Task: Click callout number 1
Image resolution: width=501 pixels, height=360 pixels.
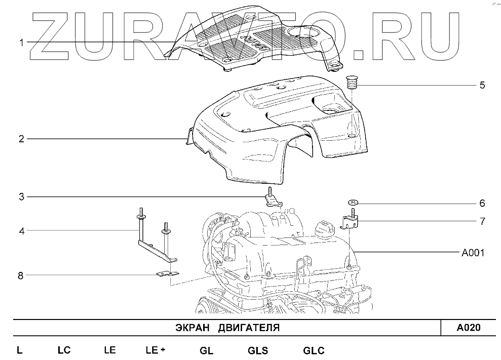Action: [21, 43]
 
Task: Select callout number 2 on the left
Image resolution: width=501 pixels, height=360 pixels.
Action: [21, 139]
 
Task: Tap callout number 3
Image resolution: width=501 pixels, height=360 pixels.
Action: [21, 197]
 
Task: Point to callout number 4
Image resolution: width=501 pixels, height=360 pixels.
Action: [21, 231]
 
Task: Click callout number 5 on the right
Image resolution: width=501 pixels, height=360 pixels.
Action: [482, 85]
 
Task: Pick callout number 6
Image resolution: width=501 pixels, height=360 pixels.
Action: [482, 203]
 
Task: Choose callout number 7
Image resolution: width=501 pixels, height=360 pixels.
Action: [482, 221]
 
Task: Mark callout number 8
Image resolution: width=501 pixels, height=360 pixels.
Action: [21, 275]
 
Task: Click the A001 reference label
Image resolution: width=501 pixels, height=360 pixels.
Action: [473, 253]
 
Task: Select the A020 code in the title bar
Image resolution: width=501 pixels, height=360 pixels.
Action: [469, 328]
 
